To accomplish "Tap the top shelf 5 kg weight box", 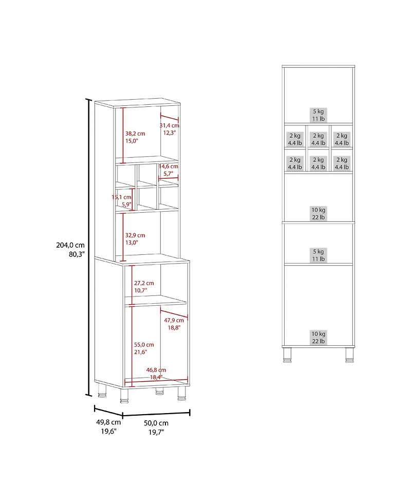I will (319, 115).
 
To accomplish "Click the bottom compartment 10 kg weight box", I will (319, 337).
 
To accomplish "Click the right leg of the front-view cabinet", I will (349, 354).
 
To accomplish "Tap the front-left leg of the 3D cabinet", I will (124, 395).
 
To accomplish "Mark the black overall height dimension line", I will (89, 247).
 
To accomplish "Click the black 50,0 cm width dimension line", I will (156, 414).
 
